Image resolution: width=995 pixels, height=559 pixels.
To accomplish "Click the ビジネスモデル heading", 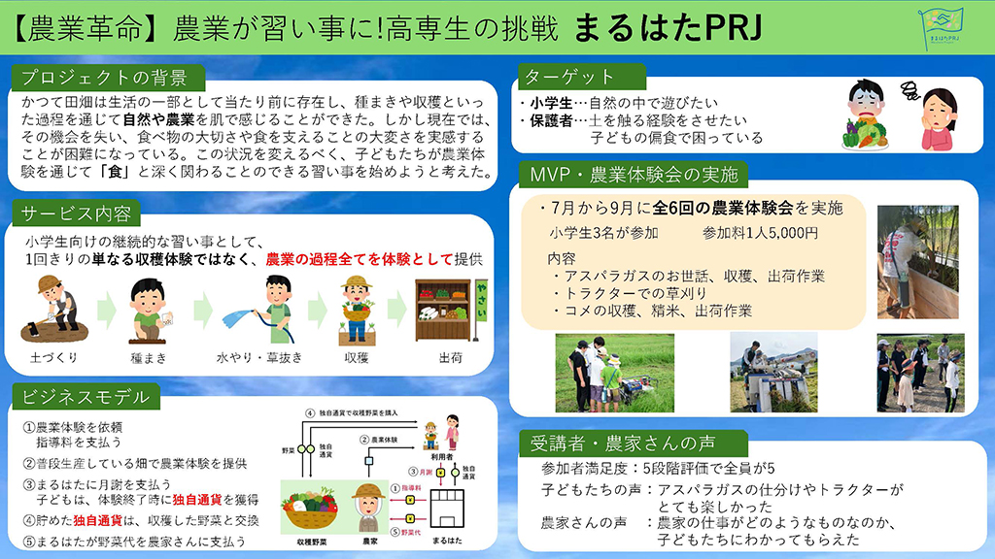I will click(x=85, y=396).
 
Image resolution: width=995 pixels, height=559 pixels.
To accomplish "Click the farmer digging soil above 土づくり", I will click(x=52, y=311).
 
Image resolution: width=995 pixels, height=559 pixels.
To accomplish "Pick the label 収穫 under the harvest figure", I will click(x=356, y=357).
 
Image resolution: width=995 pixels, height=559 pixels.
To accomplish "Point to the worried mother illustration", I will click(x=939, y=115).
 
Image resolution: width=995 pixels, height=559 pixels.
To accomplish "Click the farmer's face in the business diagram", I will click(x=367, y=498).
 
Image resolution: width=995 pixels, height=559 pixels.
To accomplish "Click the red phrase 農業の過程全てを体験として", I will click(x=359, y=259).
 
